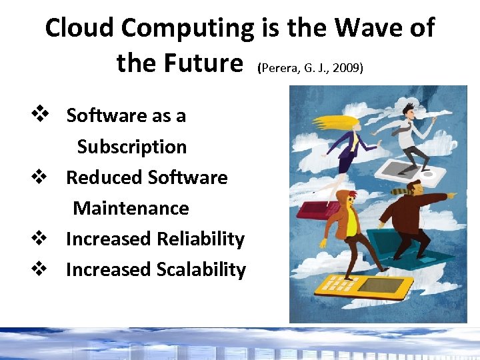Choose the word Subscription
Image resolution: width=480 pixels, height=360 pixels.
click(x=131, y=147)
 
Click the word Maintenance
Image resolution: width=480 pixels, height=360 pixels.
click(x=131, y=208)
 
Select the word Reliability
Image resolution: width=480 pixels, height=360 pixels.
click(x=200, y=239)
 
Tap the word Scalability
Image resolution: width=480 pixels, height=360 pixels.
click(x=201, y=269)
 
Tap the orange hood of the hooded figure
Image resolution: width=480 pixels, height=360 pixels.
click(x=341, y=201)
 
